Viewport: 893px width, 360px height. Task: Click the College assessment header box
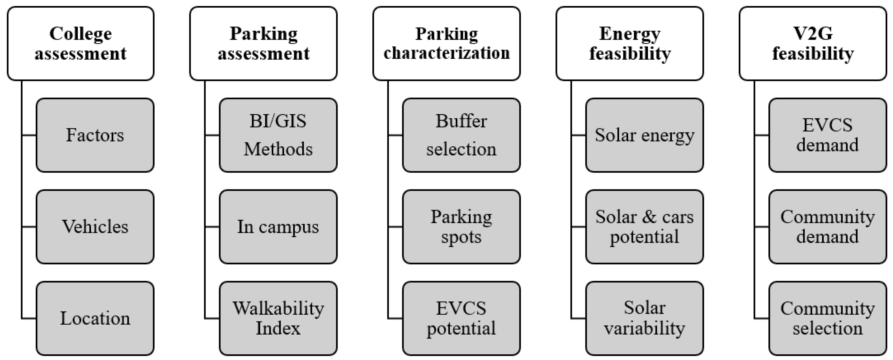(80, 44)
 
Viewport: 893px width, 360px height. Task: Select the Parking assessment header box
(263, 44)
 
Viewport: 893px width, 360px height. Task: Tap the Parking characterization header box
(446, 44)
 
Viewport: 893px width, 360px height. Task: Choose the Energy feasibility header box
(630, 44)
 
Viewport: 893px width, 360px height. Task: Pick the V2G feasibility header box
(813, 44)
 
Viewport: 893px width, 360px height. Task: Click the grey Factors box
(95, 135)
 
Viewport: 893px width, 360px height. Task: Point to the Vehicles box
(95, 226)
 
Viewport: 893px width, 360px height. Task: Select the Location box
(95, 318)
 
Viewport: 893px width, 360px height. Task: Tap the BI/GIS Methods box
(278, 135)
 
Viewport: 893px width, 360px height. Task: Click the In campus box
(278, 226)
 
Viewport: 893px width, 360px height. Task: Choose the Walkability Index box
(278, 318)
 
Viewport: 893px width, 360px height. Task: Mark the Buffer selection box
(461, 135)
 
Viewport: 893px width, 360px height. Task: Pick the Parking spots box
(461, 226)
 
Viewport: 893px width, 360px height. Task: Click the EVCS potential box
(461, 318)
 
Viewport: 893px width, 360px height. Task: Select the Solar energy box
(645, 135)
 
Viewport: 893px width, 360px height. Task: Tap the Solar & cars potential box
(645, 226)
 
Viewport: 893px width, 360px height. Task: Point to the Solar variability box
(645, 318)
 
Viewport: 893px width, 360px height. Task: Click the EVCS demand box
(827, 135)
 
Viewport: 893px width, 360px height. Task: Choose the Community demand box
(827, 226)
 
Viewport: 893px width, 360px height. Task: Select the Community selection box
(827, 318)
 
